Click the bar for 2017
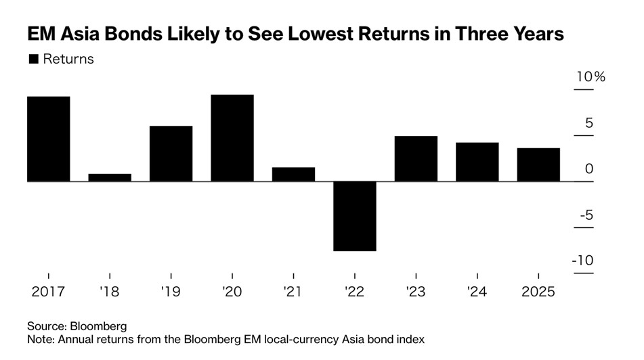[x=48, y=139]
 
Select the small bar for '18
[x=110, y=177]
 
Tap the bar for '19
[x=171, y=154]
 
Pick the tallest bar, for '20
[x=232, y=138]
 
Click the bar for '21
[x=293, y=174]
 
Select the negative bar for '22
[x=354, y=216]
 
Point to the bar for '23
[x=416, y=158]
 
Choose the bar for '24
[x=477, y=162]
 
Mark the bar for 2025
[x=538, y=164]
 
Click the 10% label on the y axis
[x=590, y=77]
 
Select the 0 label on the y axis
[x=589, y=169]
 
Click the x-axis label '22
[x=354, y=292]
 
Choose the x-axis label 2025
[x=538, y=292]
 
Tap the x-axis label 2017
[x=48, y=292]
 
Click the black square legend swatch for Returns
[x=33, y=60]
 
